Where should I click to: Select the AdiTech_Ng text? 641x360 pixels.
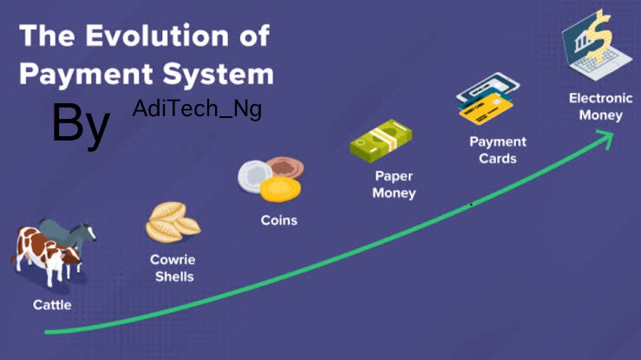tap(197, 109)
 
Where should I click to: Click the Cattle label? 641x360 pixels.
tap(52, 304)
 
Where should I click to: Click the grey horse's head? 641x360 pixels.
tap(87, 232)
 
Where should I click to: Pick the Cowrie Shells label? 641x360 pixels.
tap(173, 268)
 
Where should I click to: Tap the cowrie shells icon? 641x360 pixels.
tap(173, 222)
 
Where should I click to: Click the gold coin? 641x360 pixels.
tap(280, 189)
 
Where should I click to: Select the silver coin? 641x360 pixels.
tap(255, 176)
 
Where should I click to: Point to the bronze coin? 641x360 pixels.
tap(286, 167)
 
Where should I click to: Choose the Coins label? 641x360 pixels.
tap(278, 220)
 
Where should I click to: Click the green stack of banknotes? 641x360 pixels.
tap(381, 141)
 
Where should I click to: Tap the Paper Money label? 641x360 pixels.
tap(394, 185)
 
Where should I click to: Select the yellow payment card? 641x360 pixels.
tap(486, 108)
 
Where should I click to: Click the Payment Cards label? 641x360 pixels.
tap(498, 150)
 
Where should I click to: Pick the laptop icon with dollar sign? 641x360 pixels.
tap(597, 45)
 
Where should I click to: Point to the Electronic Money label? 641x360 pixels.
tap(601, 107)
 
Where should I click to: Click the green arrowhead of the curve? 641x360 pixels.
tap(606, 137)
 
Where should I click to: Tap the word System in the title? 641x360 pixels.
tap(219, 75)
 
